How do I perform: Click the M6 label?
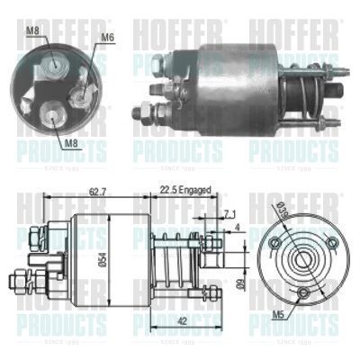click(x=107, y=37)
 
